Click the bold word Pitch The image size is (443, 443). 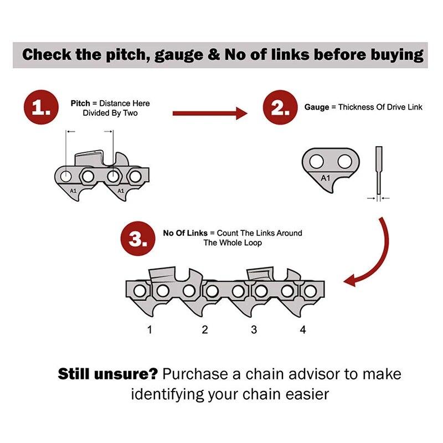click(x=80, y=103)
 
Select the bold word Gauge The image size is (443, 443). click(x=316, y=107)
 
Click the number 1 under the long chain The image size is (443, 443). click(x=150, y=330)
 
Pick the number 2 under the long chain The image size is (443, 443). click(x=205, y=330)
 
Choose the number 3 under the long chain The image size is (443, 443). click(x=254, y=330)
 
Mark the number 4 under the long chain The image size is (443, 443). click(x=302, y=330)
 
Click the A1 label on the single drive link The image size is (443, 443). click(x=326, y=178)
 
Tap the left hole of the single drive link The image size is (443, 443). click(x=316, y=161)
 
